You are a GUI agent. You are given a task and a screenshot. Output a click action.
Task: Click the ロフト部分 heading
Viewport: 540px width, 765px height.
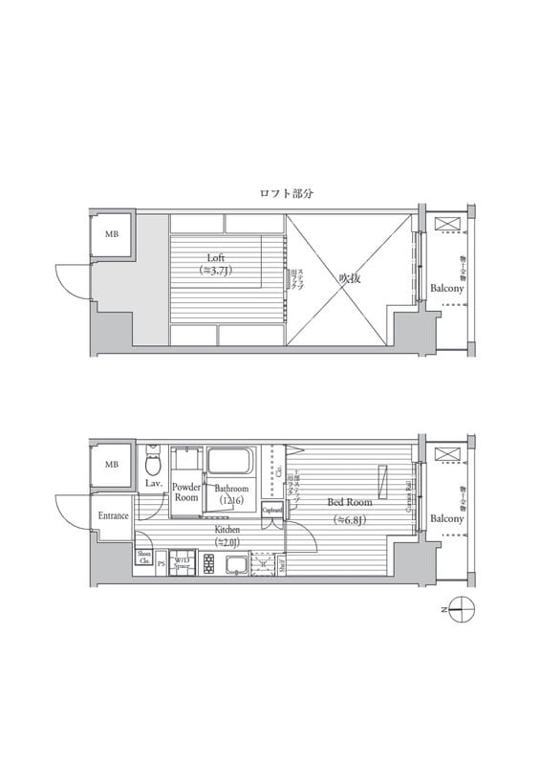tap(287, 193)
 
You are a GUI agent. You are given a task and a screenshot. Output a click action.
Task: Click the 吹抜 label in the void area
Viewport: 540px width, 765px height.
tap(350, 278)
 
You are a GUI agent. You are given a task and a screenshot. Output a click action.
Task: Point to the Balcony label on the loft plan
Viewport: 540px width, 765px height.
tap(446, 288)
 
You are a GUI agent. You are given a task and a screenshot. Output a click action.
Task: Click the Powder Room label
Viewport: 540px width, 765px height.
tap(186, 492)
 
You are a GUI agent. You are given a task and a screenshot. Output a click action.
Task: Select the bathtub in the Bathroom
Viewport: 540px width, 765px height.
tap(228, 461)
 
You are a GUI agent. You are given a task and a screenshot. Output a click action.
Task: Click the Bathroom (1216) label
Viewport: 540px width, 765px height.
tap(231, 493)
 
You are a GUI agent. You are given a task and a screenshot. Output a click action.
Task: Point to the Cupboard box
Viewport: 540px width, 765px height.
tap(272, 511)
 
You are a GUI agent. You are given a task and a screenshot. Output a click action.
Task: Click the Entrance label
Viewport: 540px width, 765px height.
tap(113, 516)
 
